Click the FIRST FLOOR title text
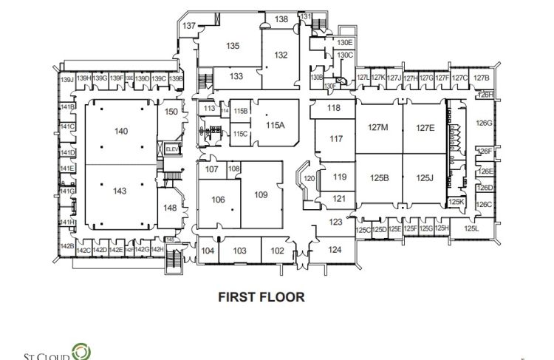click(261, 296)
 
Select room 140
click(121, 131)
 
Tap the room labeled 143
click(120, 191)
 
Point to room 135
click(233, 46)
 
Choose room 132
click(281, 55)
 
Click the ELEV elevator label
click(172, 149)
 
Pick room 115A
click(275, 125)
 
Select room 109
click(261, 194)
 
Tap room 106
click(218, 200)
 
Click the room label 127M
click(378, 127)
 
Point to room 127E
click(425, 127)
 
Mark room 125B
click(379, 177)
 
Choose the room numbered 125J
click(423, 177)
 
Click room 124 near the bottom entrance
click(335, 250)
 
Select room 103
click(239, 251)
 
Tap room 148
click(170, 208)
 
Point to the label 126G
click(484, 123)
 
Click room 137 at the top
click(189, 26)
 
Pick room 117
click(336, 138)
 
